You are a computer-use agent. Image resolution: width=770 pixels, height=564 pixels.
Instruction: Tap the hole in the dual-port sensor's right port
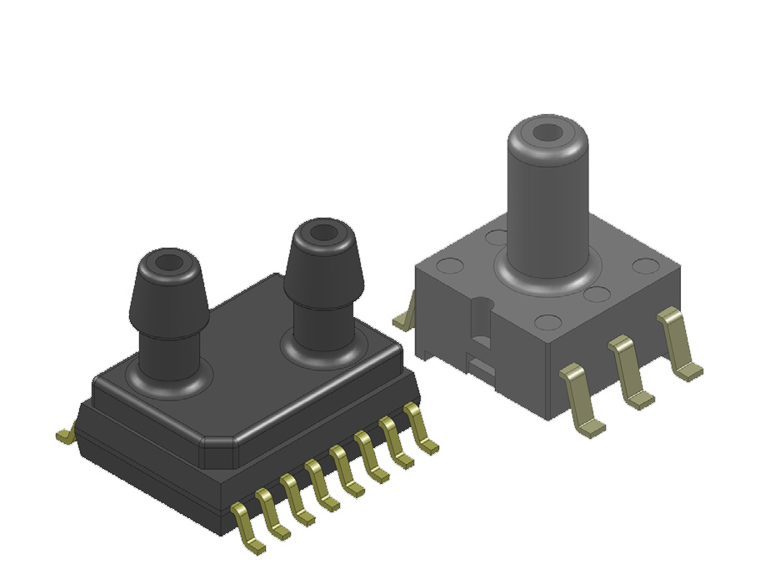pos(319,234)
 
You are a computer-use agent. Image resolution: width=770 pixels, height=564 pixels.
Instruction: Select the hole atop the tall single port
pos(547,131)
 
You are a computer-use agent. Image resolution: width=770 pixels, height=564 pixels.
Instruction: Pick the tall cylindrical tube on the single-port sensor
pos(546,200)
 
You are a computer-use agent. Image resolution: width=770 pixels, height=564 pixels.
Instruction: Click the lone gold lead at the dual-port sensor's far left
pos(65,433)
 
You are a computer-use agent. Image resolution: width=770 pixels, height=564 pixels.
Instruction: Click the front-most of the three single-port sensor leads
pos(581,396)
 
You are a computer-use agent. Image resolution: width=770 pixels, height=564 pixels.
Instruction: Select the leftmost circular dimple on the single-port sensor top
pos(450,267)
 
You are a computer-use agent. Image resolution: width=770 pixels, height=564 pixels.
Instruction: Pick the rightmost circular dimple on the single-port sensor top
pos(644,266)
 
